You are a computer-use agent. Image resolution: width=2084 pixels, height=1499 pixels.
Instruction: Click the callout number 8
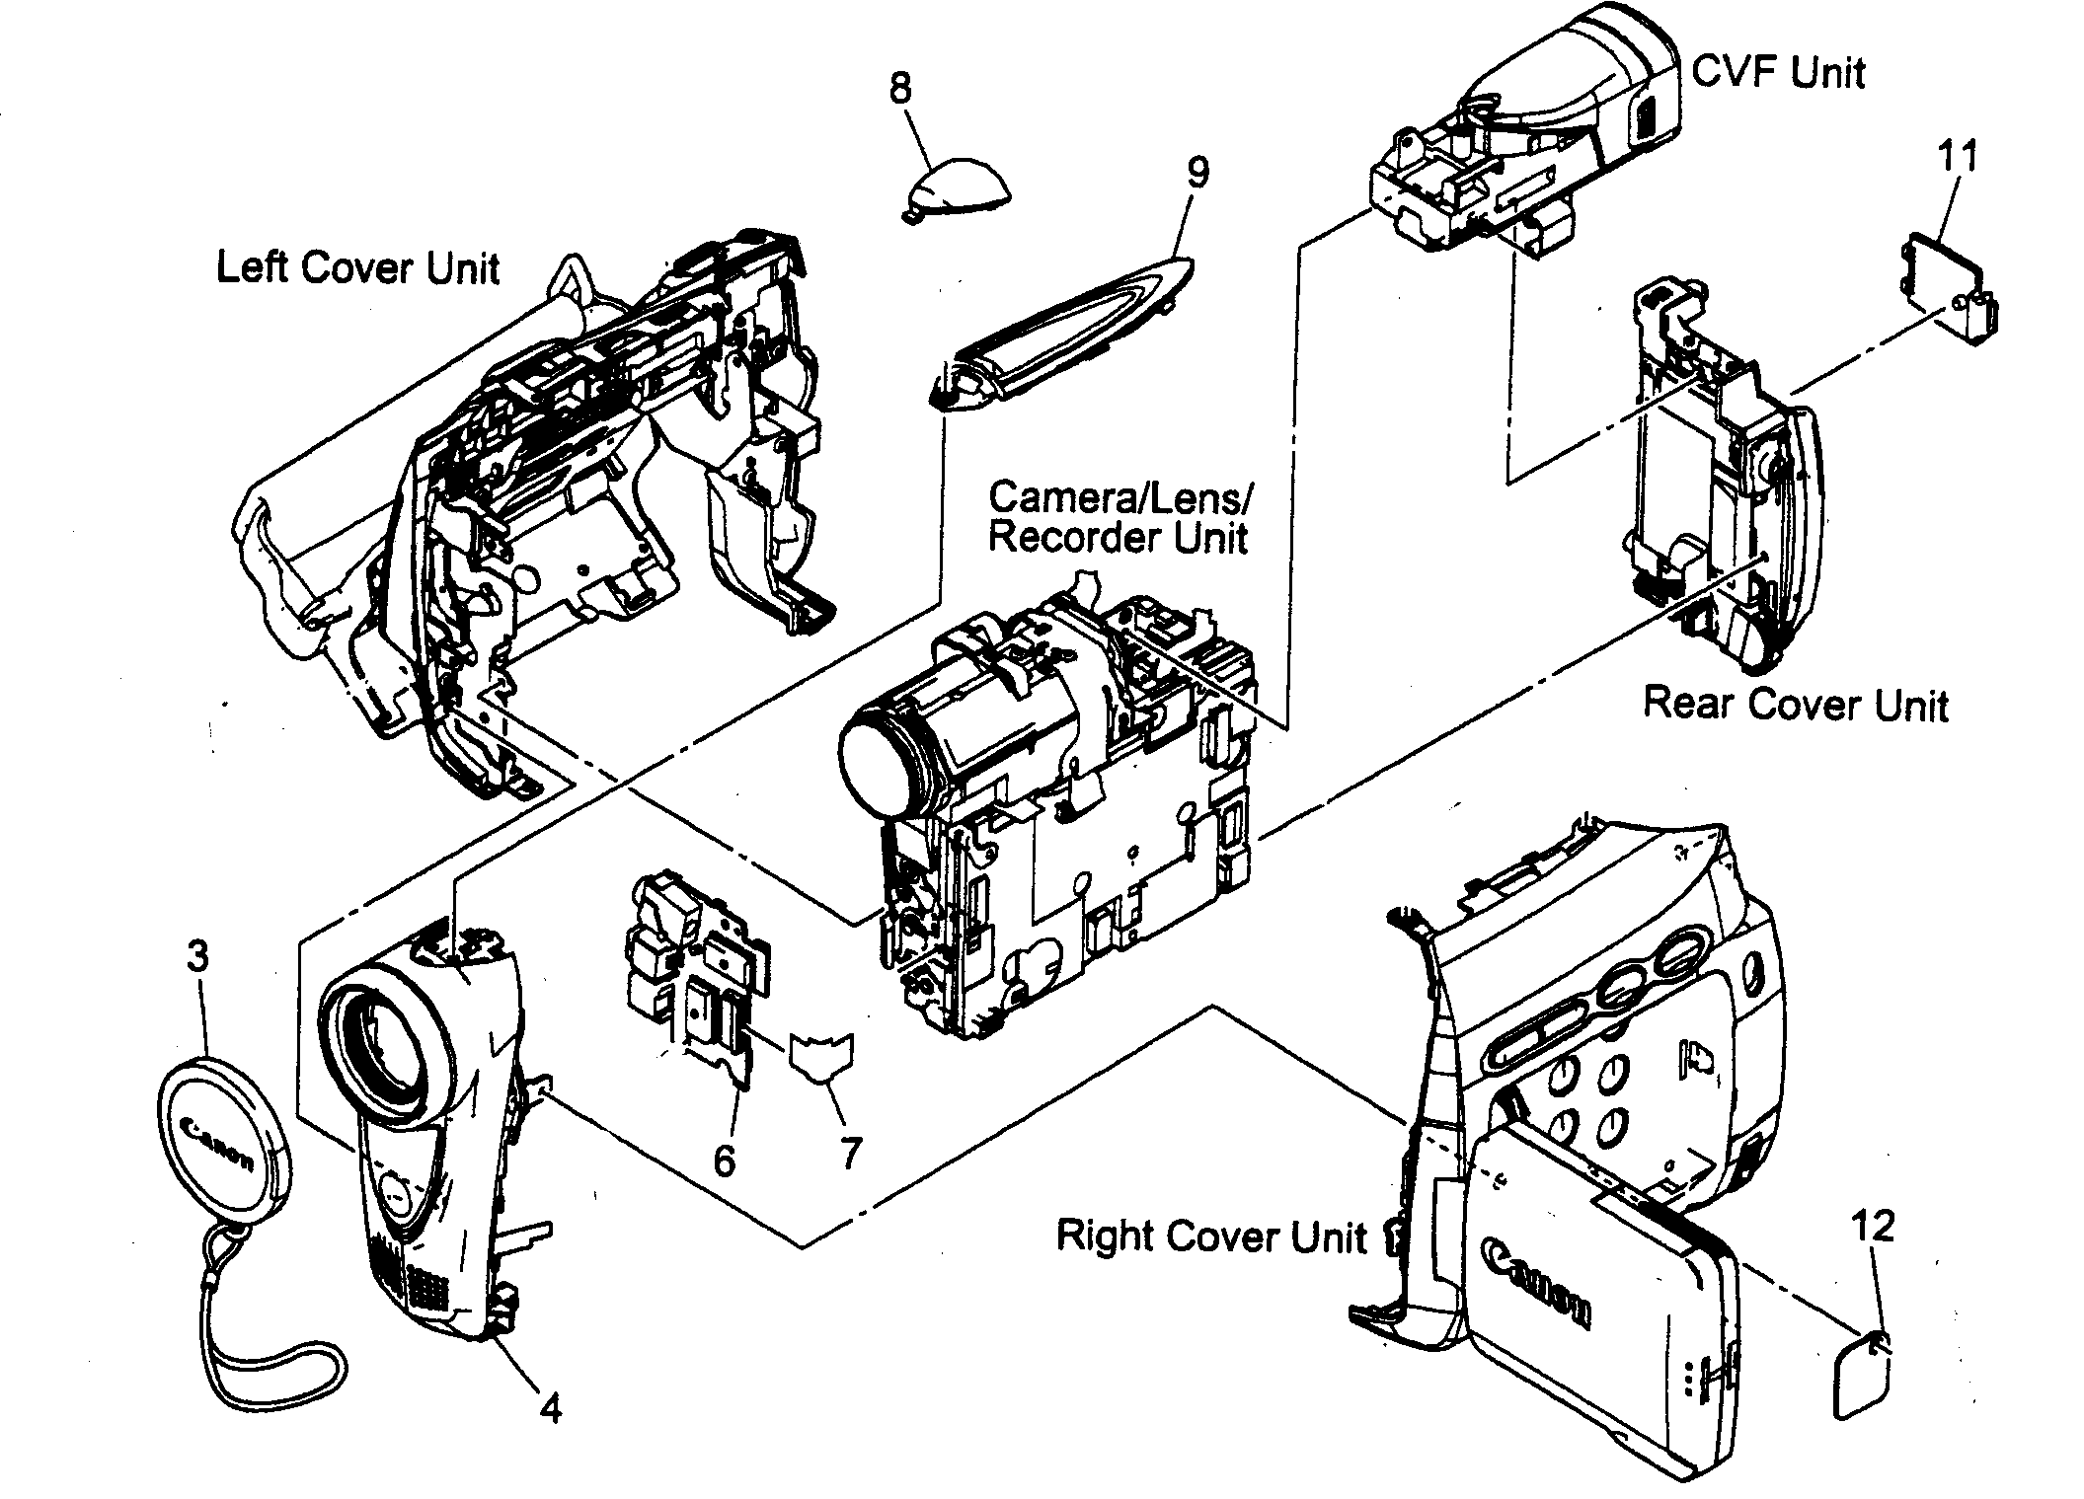pos(899,89)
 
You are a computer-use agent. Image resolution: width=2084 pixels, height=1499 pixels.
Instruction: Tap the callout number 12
pos(1873,1227)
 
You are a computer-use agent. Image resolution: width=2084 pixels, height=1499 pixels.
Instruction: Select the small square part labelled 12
pos(1862,1377)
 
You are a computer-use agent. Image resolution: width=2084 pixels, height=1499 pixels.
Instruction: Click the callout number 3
pos(198,955)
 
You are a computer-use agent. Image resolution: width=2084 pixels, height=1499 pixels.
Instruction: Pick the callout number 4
pos(551,1408)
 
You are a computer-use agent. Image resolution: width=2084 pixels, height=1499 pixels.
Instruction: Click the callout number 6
pos(724,1162)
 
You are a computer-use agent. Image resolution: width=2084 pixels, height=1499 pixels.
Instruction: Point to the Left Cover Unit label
pos(357,268)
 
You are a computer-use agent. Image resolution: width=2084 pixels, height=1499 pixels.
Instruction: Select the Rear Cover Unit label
pos(1795,705)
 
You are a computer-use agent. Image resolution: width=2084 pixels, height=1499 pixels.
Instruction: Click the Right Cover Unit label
pos(1211,1236)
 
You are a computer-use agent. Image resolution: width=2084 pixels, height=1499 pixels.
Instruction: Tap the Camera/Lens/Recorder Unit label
pos(1119,518)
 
